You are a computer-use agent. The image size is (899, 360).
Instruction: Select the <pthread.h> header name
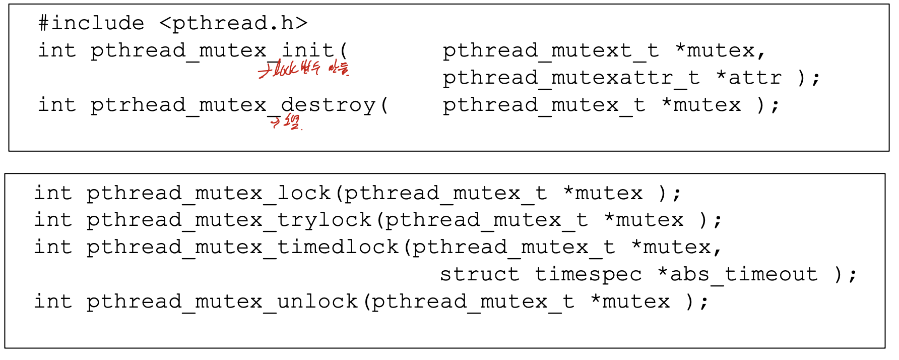point(233,23)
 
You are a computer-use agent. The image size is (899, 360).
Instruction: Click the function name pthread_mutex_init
point(212,50)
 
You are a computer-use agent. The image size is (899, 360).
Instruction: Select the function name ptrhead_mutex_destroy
point(232,105)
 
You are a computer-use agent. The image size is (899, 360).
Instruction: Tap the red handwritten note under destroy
point(285,122)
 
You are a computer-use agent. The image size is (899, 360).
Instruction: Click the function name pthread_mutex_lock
point(208,193)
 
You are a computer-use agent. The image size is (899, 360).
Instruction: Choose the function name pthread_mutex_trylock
point(228,220)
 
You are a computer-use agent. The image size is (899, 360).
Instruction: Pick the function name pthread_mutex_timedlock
point(242,247)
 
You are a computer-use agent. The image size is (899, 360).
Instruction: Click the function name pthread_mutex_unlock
point(222,302)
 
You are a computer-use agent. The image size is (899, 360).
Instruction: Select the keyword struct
point(479,274)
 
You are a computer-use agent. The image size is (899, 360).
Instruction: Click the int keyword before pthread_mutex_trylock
point(53,220)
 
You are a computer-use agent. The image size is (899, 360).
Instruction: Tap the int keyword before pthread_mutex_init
point(57,50)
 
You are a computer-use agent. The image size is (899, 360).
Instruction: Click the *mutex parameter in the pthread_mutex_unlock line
point(630,302)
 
